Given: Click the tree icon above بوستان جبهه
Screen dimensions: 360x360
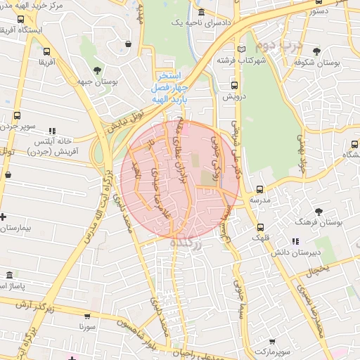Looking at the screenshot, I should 96,70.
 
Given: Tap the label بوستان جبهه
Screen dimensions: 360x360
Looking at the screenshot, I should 97,82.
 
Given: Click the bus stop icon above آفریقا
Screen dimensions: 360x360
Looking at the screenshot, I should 47,51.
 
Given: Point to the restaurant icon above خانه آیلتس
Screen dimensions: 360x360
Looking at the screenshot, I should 52,131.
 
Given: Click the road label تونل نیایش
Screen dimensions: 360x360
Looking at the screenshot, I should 125,114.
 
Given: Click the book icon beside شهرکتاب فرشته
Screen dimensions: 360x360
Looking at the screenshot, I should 243,49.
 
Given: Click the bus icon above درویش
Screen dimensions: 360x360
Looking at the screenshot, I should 234,85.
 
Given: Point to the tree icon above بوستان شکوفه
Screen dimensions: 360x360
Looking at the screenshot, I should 317,51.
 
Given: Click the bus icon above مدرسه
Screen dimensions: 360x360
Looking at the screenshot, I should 260,189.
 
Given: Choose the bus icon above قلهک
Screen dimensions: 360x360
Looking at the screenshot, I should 261,227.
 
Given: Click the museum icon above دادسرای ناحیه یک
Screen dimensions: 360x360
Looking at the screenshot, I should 202,12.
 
